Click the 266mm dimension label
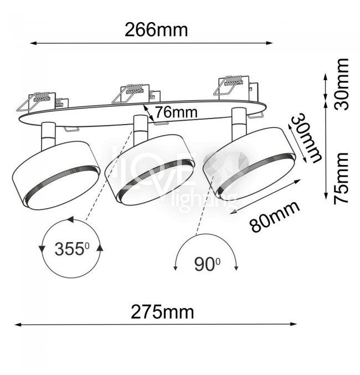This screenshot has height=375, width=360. point(156,30)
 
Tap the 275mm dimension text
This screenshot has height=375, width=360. point(162,312)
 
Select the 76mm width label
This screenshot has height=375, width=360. point(176,112)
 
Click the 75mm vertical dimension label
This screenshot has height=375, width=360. point(342,178)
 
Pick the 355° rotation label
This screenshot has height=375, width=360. point(72,249)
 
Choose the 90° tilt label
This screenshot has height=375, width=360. point(207,265)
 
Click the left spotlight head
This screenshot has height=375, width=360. point(56,176)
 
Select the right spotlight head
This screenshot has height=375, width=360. point(249,163)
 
